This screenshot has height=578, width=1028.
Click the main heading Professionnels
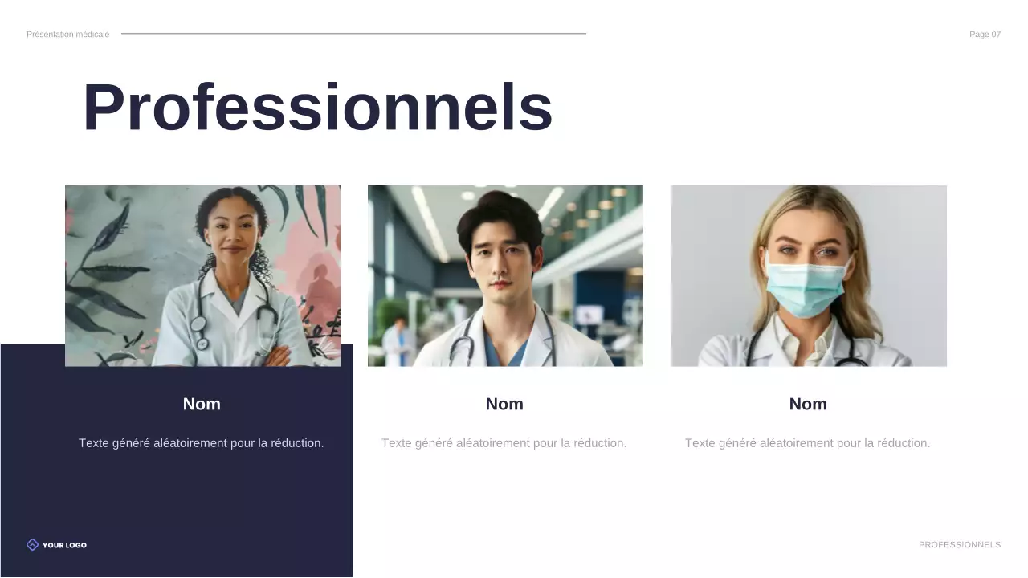pos(317,108)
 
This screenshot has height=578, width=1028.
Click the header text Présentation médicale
pos(67,35)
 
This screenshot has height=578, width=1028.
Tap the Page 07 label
pos(985,35)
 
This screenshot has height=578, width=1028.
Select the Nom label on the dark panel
pos(202,405)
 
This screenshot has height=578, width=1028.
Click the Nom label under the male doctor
pos(504,405)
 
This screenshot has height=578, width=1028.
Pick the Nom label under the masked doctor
pos(808,405)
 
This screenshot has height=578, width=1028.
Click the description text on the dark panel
pos(202,443)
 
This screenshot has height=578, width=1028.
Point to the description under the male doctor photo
pos(504,443)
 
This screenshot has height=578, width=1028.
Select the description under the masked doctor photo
pos(808,443)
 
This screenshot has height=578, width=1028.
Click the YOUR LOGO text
pos(64,545)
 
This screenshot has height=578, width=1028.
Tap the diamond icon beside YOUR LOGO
pos(32,545)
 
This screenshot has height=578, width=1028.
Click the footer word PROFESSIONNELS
pos(960,545)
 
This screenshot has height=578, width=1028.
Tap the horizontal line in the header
pos(353,34)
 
